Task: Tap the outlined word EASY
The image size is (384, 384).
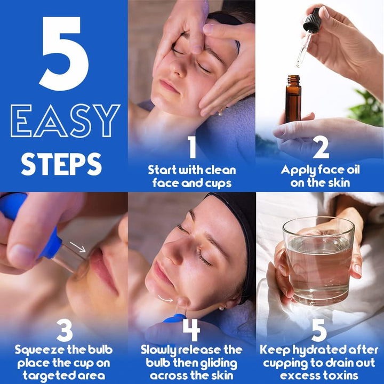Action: pos(65,122)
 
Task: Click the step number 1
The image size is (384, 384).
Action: pos(192,147)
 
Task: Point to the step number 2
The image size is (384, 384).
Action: pos(320,147)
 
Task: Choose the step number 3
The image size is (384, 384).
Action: pos(64,331)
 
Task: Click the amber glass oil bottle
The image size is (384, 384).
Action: pos(292,99)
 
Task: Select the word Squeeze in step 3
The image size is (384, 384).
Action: pos(39,350)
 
